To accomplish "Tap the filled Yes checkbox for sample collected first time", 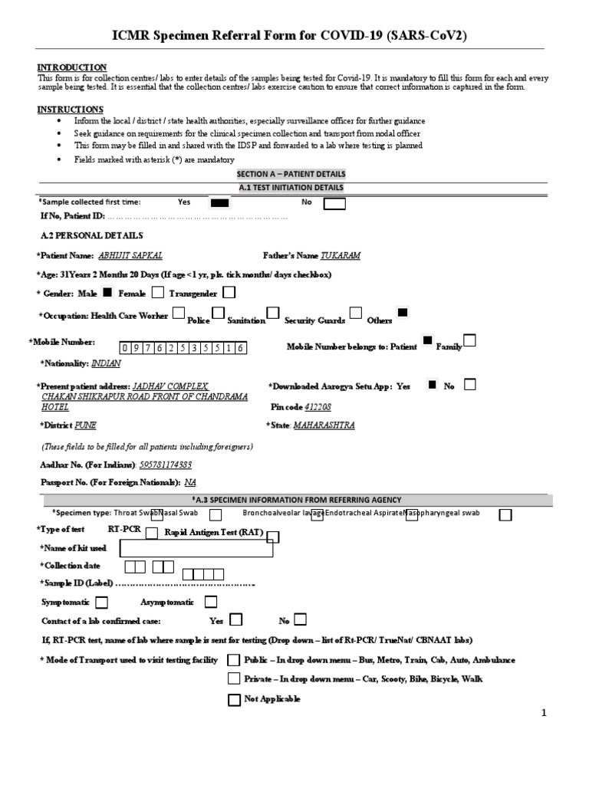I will click(x=219, y=203).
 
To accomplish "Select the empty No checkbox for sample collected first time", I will click(x=334, y=203).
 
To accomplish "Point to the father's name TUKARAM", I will click(x=341, y=255).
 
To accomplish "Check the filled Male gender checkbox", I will click(x=107, y=292).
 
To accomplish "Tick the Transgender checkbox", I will click(x=229, y=292).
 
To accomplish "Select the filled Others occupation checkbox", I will click(x=403, y=312).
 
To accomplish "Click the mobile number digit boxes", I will click(x=182, y=347).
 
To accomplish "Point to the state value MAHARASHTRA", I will click(x=324, y=425).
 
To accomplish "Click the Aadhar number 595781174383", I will click(x=165, y=465).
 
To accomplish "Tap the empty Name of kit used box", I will click(x=196, y=548).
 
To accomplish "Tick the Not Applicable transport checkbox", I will click(x=234, y=699).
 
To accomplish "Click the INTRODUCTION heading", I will click(x=72, y=67).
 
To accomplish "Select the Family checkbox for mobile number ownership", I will click(x=469, y=340).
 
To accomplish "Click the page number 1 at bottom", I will click(x=544, y=713).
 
